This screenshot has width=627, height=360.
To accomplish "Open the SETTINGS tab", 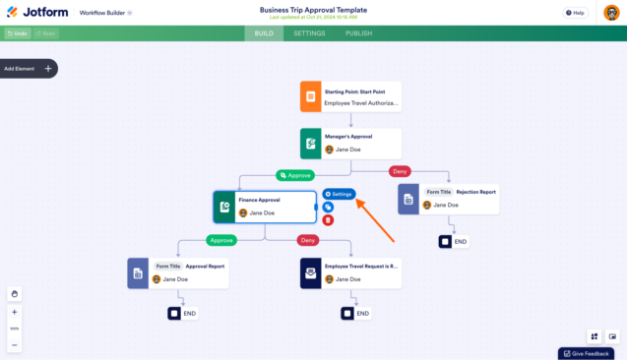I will click(x=309, y=33).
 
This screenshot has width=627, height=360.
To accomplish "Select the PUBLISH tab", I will click(x=358, y=33).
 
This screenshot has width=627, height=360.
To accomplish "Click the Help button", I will click(x=575, y=13).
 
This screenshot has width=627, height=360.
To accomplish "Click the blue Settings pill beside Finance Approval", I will click(x=339, y=194).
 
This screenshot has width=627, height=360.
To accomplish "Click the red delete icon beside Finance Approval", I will click(x=328, y=219).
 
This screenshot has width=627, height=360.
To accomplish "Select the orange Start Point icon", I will click(x=310, y=96).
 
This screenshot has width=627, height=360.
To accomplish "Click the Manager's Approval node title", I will click(x=348, y=138).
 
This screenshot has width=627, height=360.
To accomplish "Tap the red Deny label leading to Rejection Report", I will click(x=400, y=171).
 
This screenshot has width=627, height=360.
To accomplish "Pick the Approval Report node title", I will click(x=204, y=266).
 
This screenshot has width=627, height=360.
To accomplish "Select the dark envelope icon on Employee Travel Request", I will click(x=310, y=272).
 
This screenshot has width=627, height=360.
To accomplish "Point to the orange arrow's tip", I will click(x=357, y=200).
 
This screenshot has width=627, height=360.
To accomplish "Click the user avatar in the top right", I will click(x=610, y=13).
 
